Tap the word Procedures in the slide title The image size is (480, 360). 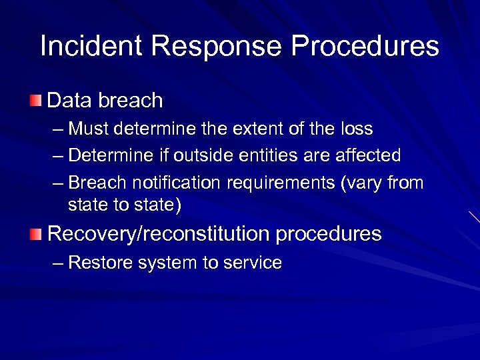(x=365, y=47)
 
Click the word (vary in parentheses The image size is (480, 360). (x=360, y=183)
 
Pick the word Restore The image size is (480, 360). (x=100, y=263)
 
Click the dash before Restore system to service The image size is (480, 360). (x=57, y=263)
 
